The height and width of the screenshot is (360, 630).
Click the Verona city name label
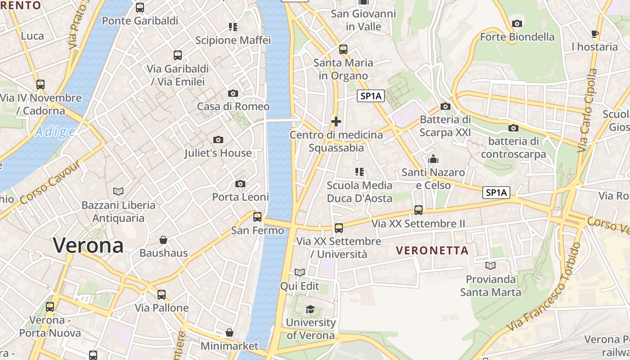pyautogui.click(x=88, y=246)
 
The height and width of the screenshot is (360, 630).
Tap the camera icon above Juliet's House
pyautogui.click(x=218, y=140)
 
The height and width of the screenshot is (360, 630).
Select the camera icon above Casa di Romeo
pyautogui.click(x=233, y=94)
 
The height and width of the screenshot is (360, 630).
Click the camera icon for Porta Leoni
pyautogui.click(x=240, y=184)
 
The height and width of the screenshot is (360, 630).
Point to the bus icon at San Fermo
pyautogui.click(x=257, y=217)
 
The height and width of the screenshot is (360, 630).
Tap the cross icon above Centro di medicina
pyautogui.click(x=336, y=121)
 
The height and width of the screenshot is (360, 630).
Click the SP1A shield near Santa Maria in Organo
pyautogui.click(x=371, y=96)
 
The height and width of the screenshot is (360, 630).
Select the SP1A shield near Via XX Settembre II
pyautogui.click(x=496, y=193)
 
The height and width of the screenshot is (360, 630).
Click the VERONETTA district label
pyautogui.click(x=432, y=251)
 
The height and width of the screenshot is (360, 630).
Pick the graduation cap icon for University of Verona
pyautogui.click(x=310, y=309)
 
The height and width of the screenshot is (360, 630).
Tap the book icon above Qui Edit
pyautogui.click(x=299, y=273)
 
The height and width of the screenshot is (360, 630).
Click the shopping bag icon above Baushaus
pyautogui.click(x=163, y=240)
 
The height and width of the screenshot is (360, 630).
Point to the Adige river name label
pyautogui.click(x=55, y=132)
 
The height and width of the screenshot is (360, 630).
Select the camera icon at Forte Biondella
pyautogui.click(x=517, y=23)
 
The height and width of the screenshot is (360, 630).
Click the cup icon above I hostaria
pyautogui.click(x=594, y=34)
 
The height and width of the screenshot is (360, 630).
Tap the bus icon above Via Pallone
pyautogui.click(x=162, y=295)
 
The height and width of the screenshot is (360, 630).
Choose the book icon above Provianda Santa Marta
pyautogui.click(x=490, y=266)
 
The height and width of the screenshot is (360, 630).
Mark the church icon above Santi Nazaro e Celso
pyautogui.click(x=433, y=159)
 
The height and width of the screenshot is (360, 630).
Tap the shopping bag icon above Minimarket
pyautogui.click(x=229, y=333)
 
